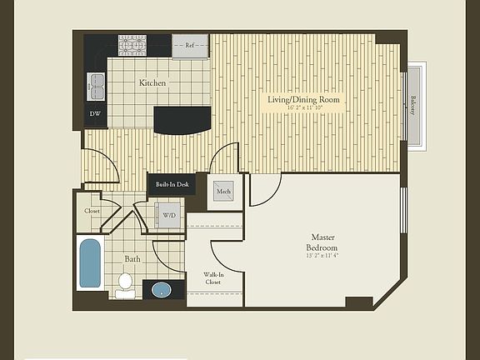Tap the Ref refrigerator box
(190, 46)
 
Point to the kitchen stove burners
(132, 45)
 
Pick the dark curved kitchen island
(182, 119)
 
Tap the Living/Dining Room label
(303, 100)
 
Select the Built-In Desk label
(172, 184)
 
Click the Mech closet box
(223, 192)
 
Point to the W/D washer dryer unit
(169, 216)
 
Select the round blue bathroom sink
(160, 291)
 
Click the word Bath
(133, 259)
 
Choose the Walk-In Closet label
(214, 278)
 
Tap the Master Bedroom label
(322, 242)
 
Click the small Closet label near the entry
(92, 211)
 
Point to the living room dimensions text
(303, 108)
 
